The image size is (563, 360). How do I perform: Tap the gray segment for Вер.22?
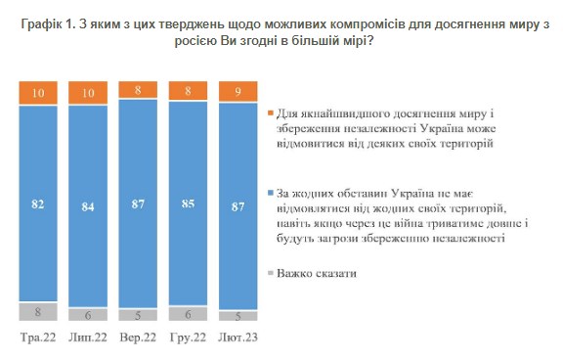(138, 315)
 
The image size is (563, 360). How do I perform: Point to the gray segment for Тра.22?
(38, 312)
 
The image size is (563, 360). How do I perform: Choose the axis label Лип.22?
(87, 337)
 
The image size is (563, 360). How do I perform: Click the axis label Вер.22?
(138, 337)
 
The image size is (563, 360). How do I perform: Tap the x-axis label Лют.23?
(238, 337)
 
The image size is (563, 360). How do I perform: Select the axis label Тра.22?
(38, 337)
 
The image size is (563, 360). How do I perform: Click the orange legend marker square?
(269, 114)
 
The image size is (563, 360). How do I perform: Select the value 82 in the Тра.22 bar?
(38, 203)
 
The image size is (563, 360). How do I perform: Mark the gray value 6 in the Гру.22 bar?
(188, 314)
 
